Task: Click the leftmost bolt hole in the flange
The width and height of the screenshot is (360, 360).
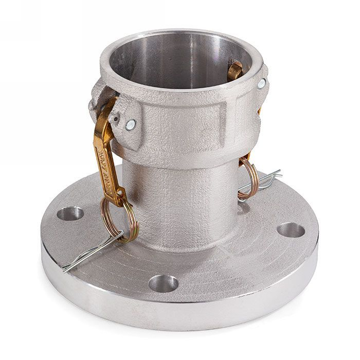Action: point(70,213)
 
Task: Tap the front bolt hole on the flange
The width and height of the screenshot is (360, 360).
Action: point(164,283)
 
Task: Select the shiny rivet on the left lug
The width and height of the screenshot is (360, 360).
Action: point(131,124)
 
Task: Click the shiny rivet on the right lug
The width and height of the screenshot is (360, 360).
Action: point(262,83)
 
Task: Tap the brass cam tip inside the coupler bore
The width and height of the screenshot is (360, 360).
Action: point(236,70)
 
